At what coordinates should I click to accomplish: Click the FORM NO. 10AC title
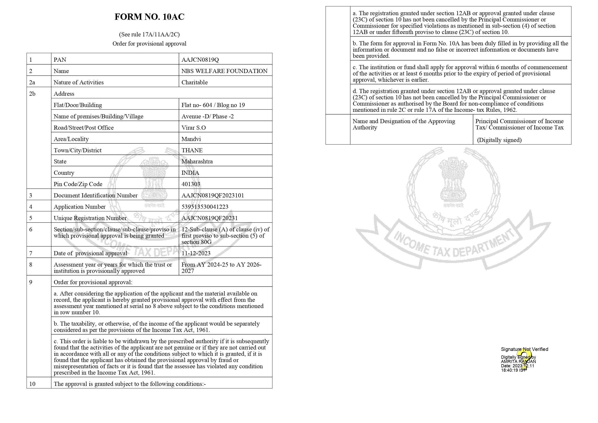point(149,17)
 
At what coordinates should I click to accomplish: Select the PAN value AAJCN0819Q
point(200,60)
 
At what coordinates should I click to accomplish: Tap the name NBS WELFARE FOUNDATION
point(224,71)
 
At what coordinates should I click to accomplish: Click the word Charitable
point(194,82)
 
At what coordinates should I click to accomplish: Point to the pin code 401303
point(191,184)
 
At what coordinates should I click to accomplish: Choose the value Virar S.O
point(194,128)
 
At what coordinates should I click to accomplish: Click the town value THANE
point(192,150)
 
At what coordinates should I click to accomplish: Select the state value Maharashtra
point(197,161)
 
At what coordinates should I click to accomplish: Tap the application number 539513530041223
point(205,207)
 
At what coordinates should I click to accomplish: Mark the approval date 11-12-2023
point(196,253)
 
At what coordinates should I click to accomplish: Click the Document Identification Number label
point(95,195)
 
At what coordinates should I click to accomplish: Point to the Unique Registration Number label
point(90,218)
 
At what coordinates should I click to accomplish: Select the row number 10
point(32,384)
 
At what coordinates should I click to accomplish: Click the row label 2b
point(32,94)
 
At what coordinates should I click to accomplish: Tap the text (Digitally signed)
point(499,140)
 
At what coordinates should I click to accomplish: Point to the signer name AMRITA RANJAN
point(518,362)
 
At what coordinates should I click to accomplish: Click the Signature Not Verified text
point(524,349)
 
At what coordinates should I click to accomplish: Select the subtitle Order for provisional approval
point(149,43)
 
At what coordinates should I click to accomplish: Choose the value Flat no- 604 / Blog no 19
point(213,105)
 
